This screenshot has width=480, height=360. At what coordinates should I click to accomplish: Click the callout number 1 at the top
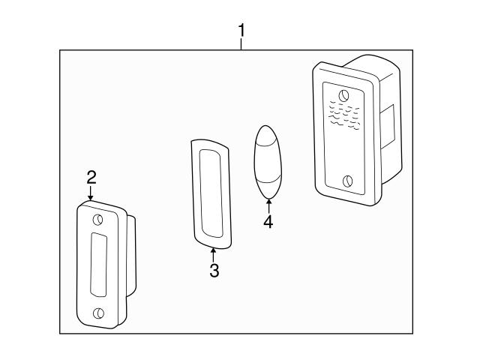(x=241, y=30)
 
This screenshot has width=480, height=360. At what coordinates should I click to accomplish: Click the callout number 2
(x=91, y=177)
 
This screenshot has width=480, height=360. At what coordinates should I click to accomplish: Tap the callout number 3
(x=214, y=271)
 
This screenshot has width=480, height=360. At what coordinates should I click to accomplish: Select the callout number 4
(x=268, y=222)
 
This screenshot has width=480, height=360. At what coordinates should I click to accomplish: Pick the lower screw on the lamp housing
(x=347, y=181)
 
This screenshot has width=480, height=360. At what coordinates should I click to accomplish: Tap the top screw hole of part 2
(x=98, y=220)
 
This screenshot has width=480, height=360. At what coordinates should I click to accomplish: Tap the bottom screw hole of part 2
(x=98, y=313)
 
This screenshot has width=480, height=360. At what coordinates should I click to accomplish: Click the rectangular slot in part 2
(x=99, y=265)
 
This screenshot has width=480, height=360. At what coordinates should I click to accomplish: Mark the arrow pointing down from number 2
(x=91, y=194)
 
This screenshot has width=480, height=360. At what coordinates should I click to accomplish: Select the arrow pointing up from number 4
(x=268, y=204)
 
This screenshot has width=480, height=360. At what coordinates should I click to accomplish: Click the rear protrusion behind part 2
(x=132, y=255)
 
